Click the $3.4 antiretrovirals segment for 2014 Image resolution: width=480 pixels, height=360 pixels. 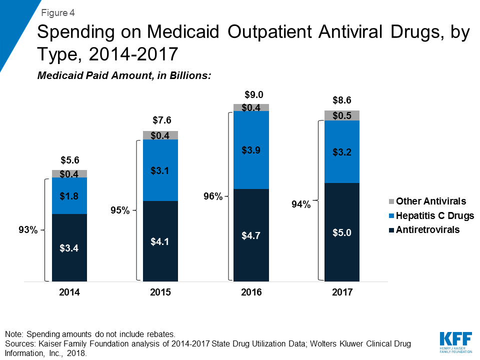click(x=69, y=247)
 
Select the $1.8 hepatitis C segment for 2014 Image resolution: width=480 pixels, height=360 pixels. click(x=69, y=195)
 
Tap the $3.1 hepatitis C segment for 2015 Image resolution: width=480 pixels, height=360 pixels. click(x=160, y=170)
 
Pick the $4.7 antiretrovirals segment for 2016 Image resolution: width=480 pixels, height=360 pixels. click(x=251, y=235)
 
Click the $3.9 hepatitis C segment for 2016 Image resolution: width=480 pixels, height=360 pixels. click(x=251, y=150)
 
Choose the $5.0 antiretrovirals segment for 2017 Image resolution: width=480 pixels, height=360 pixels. click(x=342, y=232)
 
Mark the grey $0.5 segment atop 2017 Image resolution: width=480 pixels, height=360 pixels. click(x=342, y=115)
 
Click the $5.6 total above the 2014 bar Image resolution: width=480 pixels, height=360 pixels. click(x=69, y=160)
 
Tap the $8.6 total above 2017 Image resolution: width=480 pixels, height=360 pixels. click(x=342, y=100)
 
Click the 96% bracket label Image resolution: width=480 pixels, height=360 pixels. click(x=212, y=196)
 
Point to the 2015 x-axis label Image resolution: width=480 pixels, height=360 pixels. click(x=160, y=292)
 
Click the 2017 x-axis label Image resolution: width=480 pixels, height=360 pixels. click(x=342, y=292)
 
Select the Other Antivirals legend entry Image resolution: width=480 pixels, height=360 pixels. click(x=431, y=201)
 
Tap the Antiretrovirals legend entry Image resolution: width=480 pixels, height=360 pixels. click(x=427, y=230)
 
